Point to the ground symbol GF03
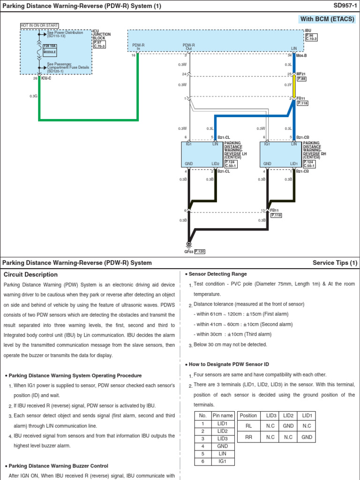188,245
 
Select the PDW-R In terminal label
138,47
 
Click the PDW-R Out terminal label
188,47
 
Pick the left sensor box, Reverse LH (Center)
202,154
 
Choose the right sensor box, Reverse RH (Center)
281,154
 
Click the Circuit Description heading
30,275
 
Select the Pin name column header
223,415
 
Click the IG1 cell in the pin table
223,461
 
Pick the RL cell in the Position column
248,426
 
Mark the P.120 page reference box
200,251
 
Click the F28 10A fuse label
50,46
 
